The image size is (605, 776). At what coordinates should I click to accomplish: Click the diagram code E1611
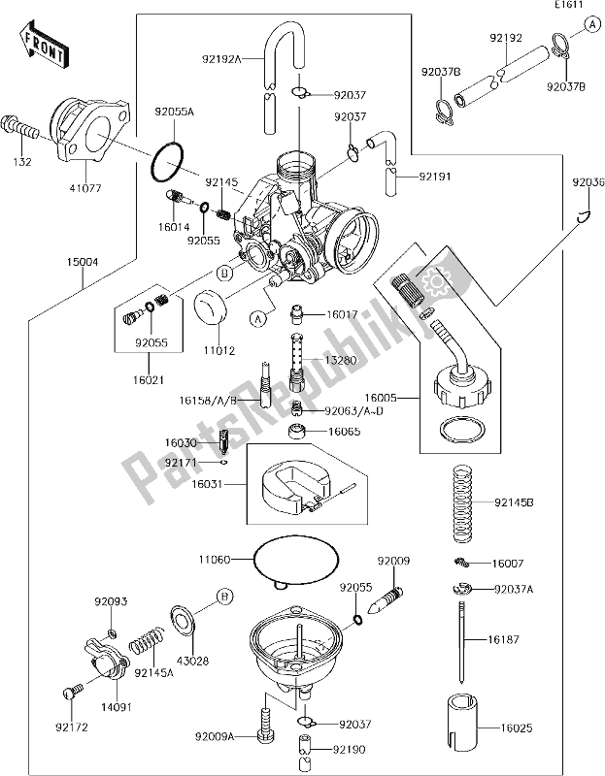569,8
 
